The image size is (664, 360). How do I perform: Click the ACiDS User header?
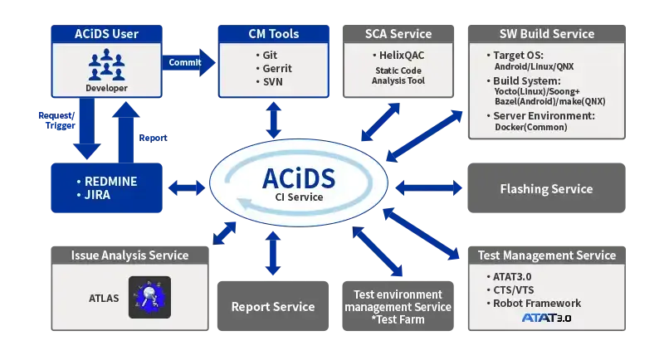[x=105, y=34]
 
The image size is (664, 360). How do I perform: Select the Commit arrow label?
[x=184, y=62]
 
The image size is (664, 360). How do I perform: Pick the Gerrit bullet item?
[x=272, y=68]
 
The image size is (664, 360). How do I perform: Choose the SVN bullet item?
[x=269, y=81]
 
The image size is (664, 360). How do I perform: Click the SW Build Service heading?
[x=547, y=34]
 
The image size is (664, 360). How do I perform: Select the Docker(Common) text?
[x=530, y=127]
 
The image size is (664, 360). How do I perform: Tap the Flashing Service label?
[x=546, y=189]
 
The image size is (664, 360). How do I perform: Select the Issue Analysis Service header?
[x=129, y=255]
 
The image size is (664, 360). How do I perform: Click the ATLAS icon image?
[x=149, y=297]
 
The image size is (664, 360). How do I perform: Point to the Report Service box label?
[x=273, y=307]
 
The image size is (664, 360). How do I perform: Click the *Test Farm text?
[x=398, y=319]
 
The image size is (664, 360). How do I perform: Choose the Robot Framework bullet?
[x=537, y=304]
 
